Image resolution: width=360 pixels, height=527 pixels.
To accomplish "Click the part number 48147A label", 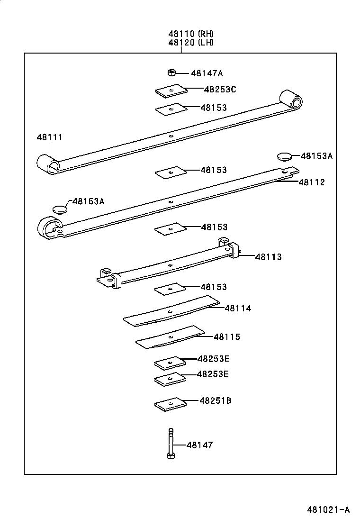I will coord(207,73).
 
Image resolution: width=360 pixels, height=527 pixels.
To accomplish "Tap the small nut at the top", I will coord(171,73).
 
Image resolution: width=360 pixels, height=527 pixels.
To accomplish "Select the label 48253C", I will coord(220,89).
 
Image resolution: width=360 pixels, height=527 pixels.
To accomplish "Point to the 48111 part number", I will coord(50,137).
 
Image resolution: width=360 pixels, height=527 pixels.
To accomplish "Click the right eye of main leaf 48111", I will coord(292,100).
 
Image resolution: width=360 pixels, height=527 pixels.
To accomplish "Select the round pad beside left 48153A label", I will coord(60,209).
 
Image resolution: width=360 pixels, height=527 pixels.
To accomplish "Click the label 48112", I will coord(312,182).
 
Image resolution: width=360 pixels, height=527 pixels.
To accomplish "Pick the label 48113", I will coord(268,257).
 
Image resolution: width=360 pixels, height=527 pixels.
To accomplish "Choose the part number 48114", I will coord(238,308).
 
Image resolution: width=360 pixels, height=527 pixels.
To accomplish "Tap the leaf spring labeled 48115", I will coord(171,336).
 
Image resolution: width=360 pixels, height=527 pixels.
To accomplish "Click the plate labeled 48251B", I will coord(170,403).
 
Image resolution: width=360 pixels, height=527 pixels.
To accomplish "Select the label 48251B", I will coord(215,400).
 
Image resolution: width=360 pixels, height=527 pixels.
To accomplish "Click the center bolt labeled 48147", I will coord(171,443).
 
